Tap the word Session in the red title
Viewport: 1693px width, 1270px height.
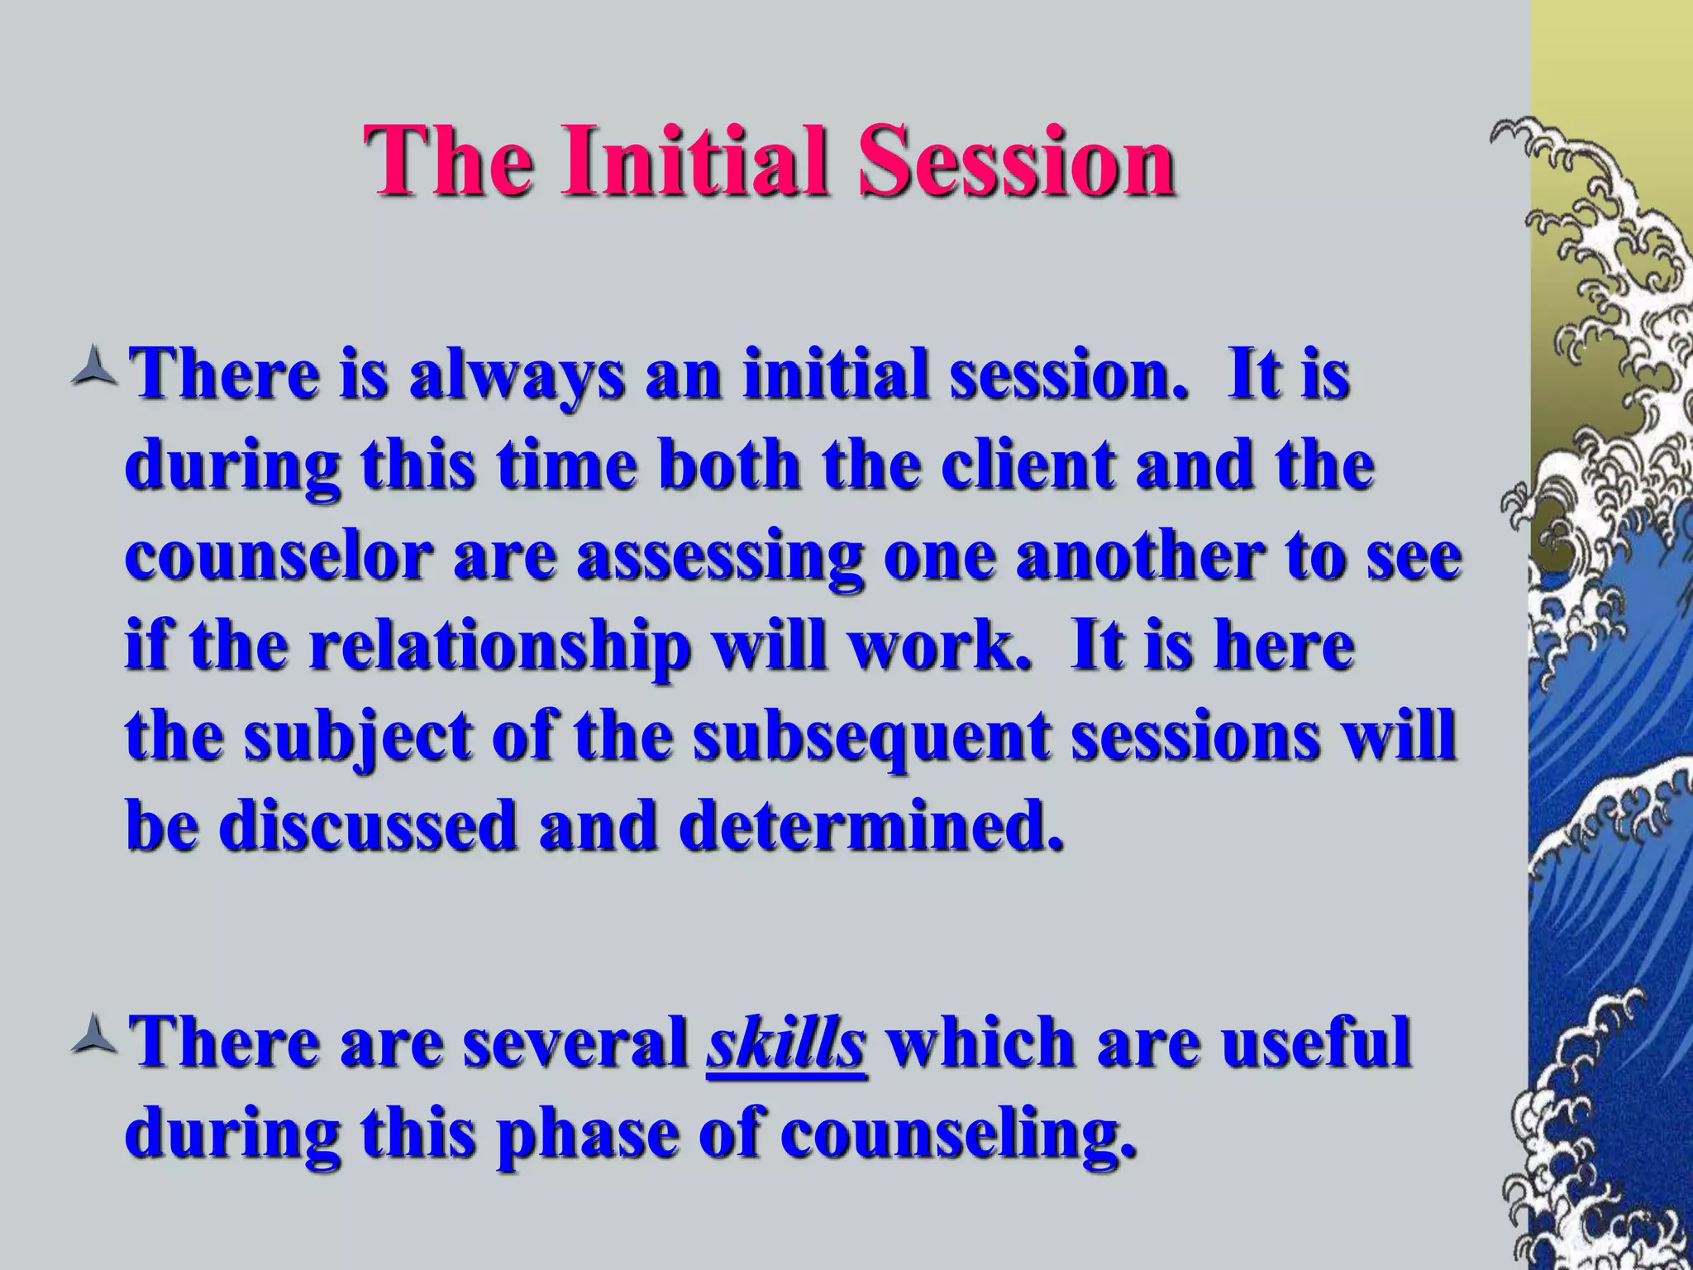[1016, 159]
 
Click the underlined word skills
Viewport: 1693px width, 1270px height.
[786, 1043]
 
